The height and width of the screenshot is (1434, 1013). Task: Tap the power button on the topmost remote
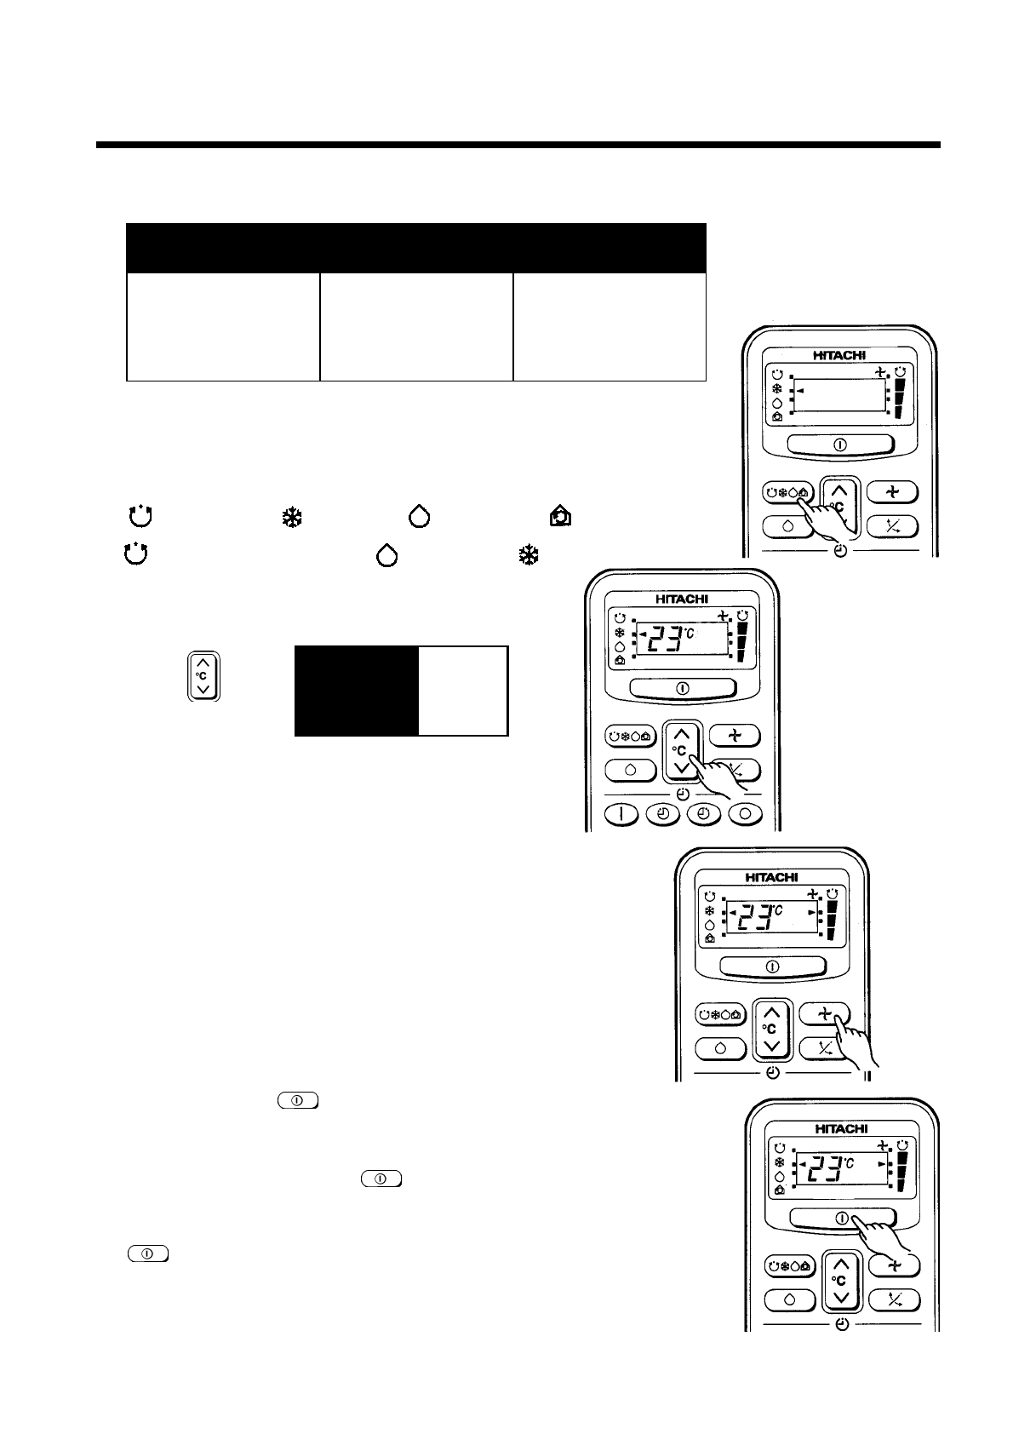tap(839, 445)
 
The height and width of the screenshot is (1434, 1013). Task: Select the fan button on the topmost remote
tap(892, 491)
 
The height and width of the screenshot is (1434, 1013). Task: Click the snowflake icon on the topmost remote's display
tap(776, 388)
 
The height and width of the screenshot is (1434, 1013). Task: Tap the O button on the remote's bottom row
tap(746, 814)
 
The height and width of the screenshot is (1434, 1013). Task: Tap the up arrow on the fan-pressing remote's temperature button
tap(771, 1013)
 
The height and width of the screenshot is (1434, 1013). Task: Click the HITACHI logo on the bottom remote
tap(841, 1128)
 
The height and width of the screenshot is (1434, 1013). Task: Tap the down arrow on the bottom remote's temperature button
tap(841, 1297)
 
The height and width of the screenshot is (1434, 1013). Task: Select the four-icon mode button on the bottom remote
tap(790, 1265)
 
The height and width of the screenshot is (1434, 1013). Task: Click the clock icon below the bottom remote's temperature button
tap(842, 1324)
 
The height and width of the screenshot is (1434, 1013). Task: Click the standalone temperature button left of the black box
tap(203, 676)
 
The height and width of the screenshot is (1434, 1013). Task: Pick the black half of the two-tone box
tap(356, 690)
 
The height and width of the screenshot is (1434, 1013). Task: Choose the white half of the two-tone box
tap(463, 690)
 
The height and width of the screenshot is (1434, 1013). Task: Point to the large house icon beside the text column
tap(561, 517)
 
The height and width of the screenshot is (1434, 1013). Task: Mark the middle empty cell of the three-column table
tap(416, 326)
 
